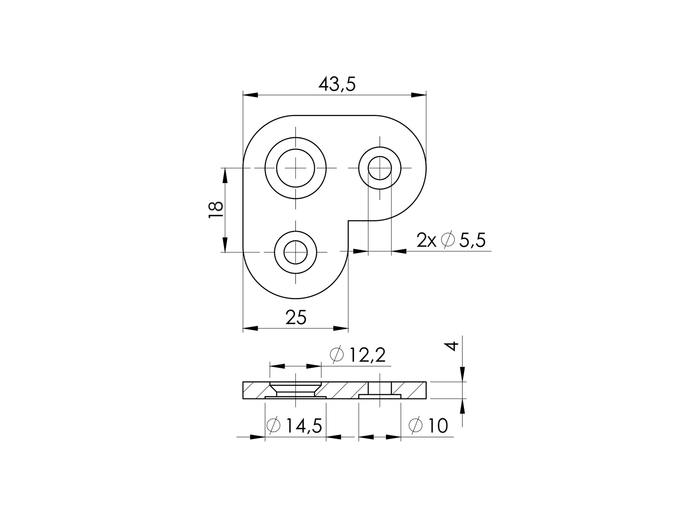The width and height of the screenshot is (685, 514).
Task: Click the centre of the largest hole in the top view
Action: [295, 168]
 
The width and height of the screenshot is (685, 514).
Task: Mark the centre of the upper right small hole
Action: [380, 168]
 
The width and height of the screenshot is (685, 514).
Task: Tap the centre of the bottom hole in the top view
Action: [295, 252]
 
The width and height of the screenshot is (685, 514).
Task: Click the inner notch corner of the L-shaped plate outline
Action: [348, 221]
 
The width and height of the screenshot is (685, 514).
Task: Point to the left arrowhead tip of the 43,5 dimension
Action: [243, 95]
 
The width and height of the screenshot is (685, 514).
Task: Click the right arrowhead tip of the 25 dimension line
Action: [348, 328]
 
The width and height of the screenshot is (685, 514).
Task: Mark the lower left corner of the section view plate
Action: [243, 399]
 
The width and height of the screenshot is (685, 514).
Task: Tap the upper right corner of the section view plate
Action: [426, 382]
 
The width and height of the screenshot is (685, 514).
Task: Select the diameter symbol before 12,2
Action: [337, 355]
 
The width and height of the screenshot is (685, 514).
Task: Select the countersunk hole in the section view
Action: [295, 390]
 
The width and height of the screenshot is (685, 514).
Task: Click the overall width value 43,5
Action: [337, 84]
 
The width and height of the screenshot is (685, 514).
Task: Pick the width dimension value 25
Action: [296, 318]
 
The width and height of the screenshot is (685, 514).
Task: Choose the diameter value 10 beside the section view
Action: [438, 426]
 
